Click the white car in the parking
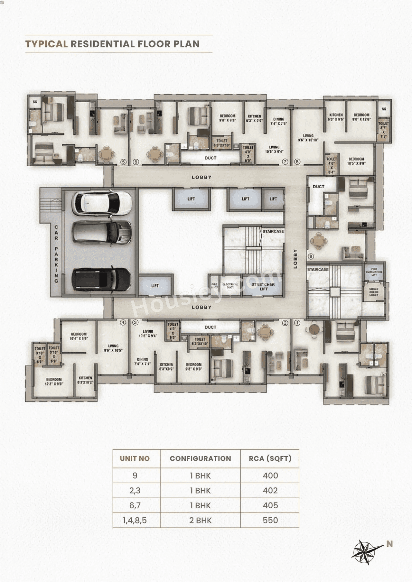point(101,204)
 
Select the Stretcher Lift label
point(263,286)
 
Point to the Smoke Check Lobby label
point(374,292)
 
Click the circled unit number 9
point(311,256)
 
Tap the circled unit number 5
point(123,162)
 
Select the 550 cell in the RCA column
point(270,520)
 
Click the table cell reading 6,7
point(135,505)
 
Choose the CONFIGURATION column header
point(200,458)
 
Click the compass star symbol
point(365,552)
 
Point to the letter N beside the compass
point(389,544)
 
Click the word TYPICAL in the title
point(46,44)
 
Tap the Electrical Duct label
point(230,286)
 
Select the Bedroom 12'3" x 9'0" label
point(54,382)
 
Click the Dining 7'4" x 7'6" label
point(279,121)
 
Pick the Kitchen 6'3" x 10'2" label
point(85,380)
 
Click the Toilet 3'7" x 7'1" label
point(383,130)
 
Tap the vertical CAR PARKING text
point(56,254)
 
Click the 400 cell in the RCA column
point(270,476)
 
